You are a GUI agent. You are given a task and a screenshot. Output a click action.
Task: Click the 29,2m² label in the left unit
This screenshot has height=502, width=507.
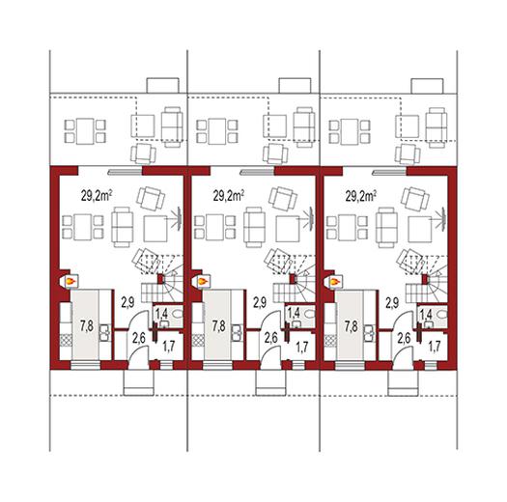point(96,196)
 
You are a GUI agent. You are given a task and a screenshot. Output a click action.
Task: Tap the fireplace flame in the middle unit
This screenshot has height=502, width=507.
point(203,281)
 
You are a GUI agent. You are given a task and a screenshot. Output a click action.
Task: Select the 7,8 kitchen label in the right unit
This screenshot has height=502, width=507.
point(352,326)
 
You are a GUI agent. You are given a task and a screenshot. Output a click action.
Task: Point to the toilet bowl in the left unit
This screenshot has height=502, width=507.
point(178,313)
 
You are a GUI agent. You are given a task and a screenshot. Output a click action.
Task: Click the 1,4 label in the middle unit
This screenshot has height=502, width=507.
point(294,313)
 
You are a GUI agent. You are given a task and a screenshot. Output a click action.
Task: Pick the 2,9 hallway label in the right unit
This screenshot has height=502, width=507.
point(392,302)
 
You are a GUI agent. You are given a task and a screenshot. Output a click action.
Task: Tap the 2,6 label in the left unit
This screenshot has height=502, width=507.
point(138,339)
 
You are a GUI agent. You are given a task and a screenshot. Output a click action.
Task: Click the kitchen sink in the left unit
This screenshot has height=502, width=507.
point(104,333)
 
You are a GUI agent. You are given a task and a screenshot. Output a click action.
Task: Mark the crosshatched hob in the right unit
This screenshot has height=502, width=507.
point(330,341)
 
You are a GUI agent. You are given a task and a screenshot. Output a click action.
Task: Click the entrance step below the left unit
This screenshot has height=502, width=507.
point(139,382)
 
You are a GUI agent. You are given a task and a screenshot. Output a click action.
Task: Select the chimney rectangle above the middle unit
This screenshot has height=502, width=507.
point(295,85)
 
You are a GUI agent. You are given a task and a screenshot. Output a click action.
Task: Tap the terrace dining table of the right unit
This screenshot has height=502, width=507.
point(350,131)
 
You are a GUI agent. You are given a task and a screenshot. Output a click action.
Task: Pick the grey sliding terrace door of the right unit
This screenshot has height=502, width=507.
point(389,173)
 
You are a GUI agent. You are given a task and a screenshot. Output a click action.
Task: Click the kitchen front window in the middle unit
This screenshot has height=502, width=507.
point(217,365)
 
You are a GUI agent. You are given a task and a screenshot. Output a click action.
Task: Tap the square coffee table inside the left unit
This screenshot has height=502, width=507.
point(155,229)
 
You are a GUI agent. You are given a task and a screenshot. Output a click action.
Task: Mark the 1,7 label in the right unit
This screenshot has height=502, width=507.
point(435,347)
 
